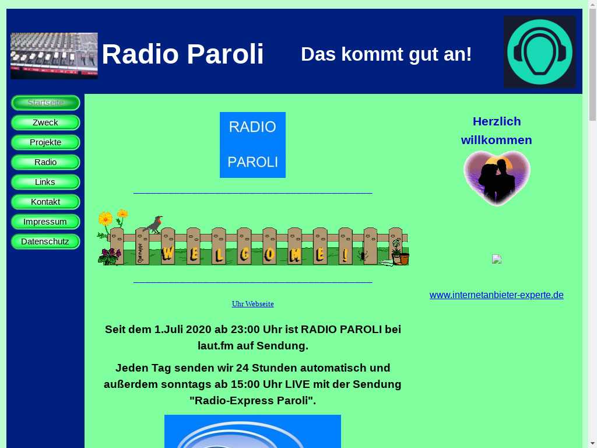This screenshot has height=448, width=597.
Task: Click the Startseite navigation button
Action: [x=45, y=103]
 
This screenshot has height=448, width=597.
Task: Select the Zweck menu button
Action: [x=45, y=123]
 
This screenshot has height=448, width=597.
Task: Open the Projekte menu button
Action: [x=45, y=142]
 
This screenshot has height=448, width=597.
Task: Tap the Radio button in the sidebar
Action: [x=45, y=162]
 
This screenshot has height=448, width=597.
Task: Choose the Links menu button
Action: [x=45, y=182]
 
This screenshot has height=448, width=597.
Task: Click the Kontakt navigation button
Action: [x=45, y=201]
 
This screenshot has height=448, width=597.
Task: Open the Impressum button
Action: [x=45, y=221]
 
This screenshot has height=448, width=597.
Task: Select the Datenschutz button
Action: [x=45, y=241]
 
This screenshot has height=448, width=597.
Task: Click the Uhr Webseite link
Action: [x=253, y=303]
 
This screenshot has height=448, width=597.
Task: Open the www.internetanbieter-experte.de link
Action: [x=497, y=295]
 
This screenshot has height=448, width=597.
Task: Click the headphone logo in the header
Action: [x=539, y=52]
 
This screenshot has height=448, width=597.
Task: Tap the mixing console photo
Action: [x=54, y=56]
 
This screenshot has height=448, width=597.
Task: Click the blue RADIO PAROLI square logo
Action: [x=253, y=145]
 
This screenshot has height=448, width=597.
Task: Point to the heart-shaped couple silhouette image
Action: [x=497, y=178]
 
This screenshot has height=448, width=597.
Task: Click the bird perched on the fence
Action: [x=154, y=225]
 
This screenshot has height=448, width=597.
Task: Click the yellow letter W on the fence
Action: [x=167, y=253]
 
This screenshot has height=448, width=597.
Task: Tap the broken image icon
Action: [x=497, y=259]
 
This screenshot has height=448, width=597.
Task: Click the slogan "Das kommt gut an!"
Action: [x=386, y=54]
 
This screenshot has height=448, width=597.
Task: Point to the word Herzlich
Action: [x=497, y=121]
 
